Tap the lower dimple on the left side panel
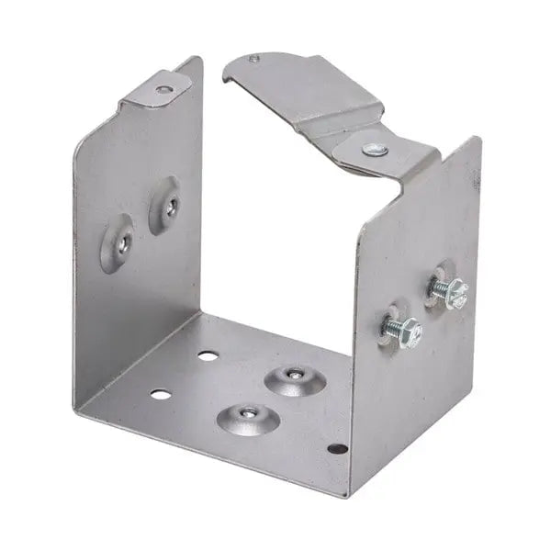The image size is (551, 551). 118,243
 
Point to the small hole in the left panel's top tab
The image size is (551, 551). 163,89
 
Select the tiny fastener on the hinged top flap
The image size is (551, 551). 254,60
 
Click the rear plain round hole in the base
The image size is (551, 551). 208,354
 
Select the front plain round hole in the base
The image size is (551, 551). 160,395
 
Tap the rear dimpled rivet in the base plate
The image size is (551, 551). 294,377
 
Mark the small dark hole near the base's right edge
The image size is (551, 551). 338,449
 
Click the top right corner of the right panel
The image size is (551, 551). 478,139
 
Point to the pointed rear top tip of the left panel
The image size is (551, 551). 199,59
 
